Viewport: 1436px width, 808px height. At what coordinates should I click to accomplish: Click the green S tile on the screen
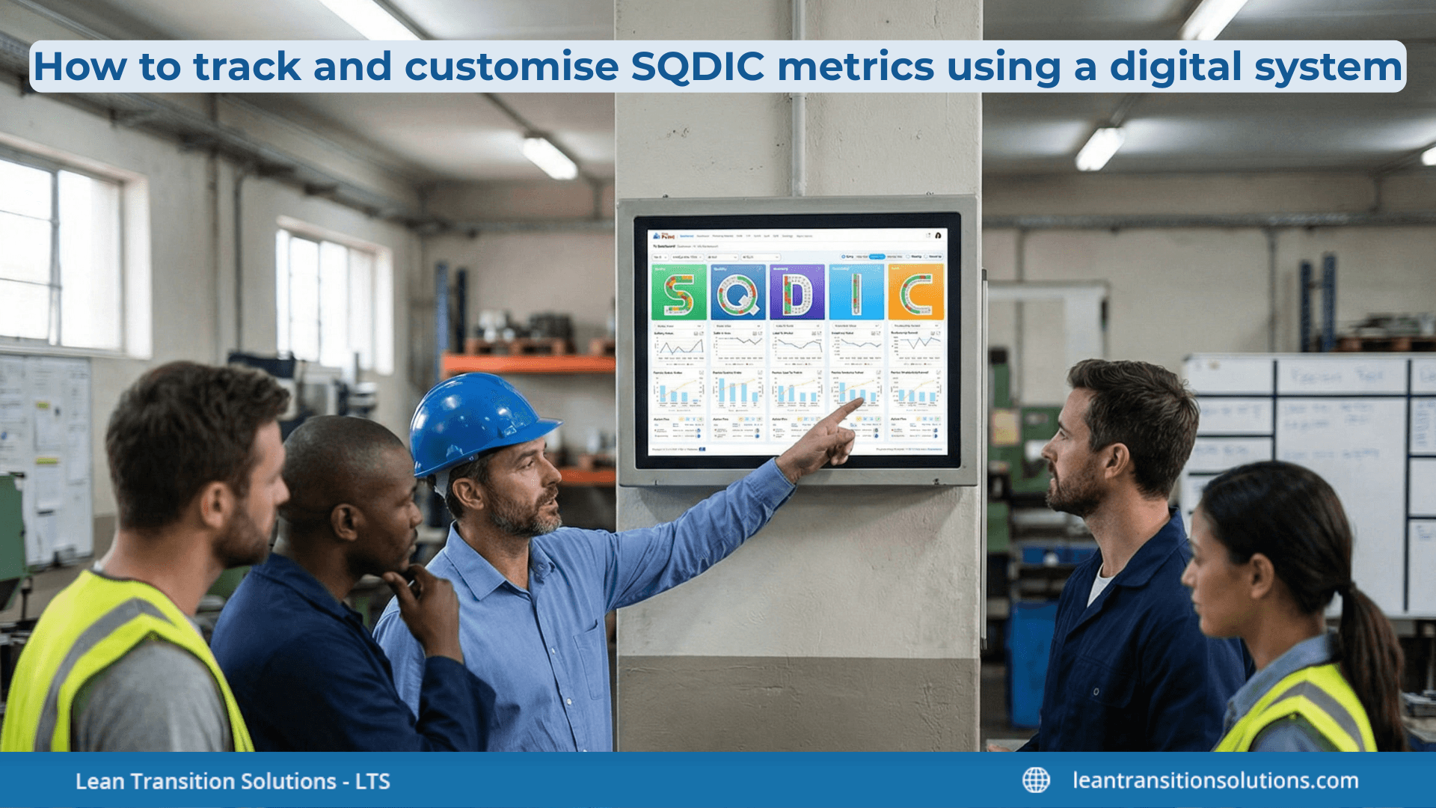tap(678, 293)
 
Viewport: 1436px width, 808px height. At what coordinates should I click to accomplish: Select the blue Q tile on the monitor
tap(737, 293)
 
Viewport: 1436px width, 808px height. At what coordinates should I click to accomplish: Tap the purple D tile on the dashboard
tap(797, 293)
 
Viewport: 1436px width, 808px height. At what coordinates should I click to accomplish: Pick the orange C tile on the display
tap(916, 293)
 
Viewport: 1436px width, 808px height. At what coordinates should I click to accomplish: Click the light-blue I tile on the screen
tap(856, 293)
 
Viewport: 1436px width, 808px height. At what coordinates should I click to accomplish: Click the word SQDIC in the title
tap(698, 67)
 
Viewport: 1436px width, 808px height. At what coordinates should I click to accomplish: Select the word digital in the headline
tap(1175, 67)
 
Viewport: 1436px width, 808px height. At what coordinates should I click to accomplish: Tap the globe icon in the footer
tap(1036, 780)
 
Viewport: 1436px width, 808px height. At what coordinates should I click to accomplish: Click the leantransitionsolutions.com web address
tap(1215, 780)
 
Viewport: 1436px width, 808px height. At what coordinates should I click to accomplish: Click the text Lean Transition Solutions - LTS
tap(233, 781)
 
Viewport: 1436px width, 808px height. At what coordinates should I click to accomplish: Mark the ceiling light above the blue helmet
tap(550, 157)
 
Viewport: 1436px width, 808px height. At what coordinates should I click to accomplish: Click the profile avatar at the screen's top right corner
tap(937, 235)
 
